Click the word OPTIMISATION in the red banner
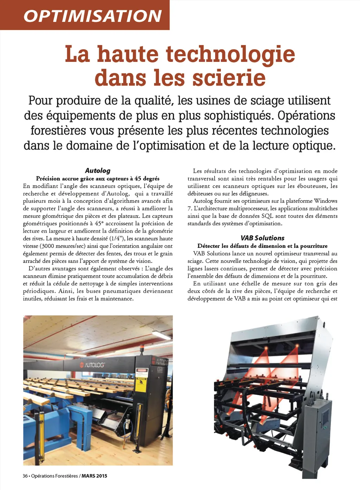[92, 16]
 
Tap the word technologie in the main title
[230, 54]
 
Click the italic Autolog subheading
[98, 170]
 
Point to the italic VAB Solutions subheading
[262, 238]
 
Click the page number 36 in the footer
[25, 476]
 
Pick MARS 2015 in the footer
[95, 476]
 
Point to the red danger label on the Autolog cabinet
[142, 370]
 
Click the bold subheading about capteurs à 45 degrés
[98, 179]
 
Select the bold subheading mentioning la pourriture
[262, 246]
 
